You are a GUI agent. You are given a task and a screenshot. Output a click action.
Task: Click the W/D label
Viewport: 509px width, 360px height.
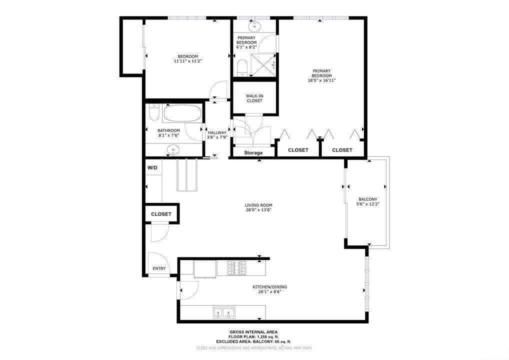tap(152, 168)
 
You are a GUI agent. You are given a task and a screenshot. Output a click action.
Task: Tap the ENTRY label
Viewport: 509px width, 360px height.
tap(159, 269)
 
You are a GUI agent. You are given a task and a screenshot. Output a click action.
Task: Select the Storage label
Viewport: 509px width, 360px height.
tap(253, 152)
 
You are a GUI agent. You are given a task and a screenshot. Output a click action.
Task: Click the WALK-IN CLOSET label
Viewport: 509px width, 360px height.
tap(254, 98)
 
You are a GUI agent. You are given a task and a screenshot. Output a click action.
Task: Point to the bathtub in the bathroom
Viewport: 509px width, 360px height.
tap(182, 114)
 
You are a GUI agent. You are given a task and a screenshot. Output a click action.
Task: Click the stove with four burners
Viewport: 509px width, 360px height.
tap(237, 267)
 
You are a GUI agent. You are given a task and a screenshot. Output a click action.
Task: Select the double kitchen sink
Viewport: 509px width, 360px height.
tap(223, 313)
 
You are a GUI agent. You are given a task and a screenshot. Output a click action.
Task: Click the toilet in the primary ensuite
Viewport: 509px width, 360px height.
tap(241, 67)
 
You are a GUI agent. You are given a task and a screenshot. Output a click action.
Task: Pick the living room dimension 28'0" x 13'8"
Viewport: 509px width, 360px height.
tap(258, 210)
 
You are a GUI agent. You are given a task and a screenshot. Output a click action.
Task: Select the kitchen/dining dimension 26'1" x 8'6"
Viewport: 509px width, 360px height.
tap(269, 292)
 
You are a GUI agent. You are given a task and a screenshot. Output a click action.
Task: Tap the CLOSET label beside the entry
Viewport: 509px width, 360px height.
tap(161, 214)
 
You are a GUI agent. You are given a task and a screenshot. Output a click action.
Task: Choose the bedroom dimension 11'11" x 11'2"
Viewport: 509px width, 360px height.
tap(188, 61)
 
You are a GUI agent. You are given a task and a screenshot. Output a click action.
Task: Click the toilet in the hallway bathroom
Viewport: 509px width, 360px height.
tap(154, 114)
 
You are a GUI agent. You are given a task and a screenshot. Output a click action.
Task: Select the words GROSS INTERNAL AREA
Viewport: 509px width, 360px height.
tap(253, 332)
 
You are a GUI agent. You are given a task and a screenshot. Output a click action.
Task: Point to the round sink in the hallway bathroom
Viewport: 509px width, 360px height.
tap(173, 149)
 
